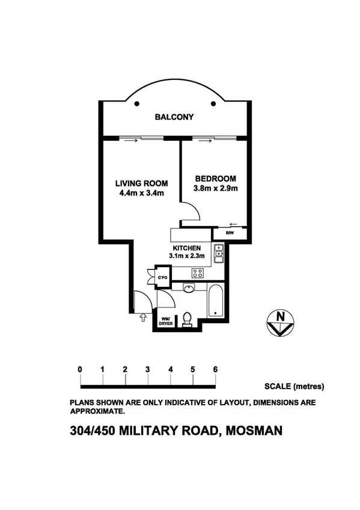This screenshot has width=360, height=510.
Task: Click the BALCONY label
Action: [174, 117]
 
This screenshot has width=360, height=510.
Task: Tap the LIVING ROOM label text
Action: [141, 183]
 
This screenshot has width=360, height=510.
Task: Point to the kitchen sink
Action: [219, 253]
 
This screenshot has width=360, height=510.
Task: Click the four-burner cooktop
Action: [198, 273]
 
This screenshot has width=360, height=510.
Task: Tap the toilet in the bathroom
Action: [187, 318]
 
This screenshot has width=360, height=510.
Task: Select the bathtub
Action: [216, 301]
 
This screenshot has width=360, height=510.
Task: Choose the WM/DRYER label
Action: [165, 321]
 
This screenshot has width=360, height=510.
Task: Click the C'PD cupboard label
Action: [162, 277]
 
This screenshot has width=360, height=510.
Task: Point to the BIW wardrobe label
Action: [230, 233]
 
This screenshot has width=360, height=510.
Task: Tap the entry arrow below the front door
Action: [142, 317]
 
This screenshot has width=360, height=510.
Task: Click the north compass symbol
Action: [279, 322]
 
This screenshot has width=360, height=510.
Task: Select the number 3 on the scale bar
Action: [147, 369]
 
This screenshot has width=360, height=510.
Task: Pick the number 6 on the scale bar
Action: [215, 369]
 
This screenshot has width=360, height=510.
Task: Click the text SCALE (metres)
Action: [294, 386]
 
